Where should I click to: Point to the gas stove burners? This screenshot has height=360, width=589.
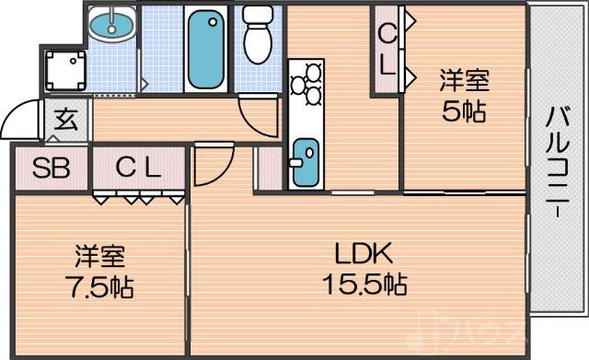click(x=305, y=83)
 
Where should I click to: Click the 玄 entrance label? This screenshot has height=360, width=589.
click(x=64, y=119)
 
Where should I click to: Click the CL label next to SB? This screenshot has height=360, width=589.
click(x=138, y=168)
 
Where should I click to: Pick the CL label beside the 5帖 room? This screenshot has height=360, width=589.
click(x=387, y=51)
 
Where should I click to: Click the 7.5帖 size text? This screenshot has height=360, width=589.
click(x=99, y=286)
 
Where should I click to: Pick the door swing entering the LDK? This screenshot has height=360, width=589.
click(x=212, y=166)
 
